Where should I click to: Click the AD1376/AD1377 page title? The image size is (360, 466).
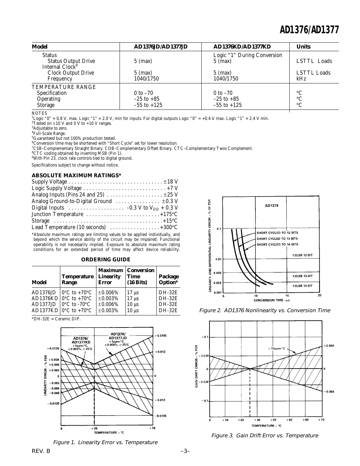[309, 30]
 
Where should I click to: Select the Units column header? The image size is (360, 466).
[303, 47]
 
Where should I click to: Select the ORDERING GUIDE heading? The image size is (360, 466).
[106, 259]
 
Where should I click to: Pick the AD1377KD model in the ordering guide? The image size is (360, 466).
[45, 311]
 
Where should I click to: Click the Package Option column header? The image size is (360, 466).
[168, 279]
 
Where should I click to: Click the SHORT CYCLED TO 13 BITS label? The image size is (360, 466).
[277, 239]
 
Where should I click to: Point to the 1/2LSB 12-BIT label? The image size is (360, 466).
[302, 255]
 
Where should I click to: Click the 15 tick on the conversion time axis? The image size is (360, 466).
[287, 296]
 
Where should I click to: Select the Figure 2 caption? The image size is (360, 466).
[264, 311]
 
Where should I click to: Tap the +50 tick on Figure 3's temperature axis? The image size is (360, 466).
[290, 420]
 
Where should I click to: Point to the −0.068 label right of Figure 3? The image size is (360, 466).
[329, 392]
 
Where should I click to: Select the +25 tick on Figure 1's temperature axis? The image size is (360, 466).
[94, 428]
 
